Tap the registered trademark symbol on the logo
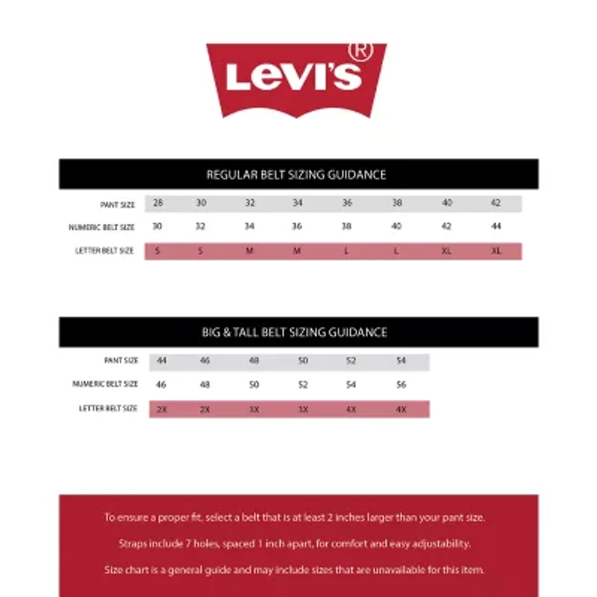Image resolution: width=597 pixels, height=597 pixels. (360, 51)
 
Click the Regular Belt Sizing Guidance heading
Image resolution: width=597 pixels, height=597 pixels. (296, 175)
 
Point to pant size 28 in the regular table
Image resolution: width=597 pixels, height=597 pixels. (158, 203)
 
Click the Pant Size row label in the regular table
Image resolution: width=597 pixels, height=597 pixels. (117, 204)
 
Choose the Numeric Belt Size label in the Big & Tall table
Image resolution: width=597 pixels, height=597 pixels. (105, 384)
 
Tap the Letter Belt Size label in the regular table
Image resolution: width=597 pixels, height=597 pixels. (104, 251)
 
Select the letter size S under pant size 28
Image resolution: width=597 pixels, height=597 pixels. (157, 251)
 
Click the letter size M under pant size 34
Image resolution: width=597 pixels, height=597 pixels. (297, 251)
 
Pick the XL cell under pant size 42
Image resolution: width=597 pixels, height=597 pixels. (496, 251)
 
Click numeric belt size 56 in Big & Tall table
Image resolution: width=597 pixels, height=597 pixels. (401, 385)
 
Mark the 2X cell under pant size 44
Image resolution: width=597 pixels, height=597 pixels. (160, 410)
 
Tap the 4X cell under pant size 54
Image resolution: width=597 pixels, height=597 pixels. (401, 410)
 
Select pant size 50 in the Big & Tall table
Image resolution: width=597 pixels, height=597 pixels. (303, 361)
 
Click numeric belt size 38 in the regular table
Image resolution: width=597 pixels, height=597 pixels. (346, 227)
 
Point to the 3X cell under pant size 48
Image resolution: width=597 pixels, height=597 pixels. (254, 410)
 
